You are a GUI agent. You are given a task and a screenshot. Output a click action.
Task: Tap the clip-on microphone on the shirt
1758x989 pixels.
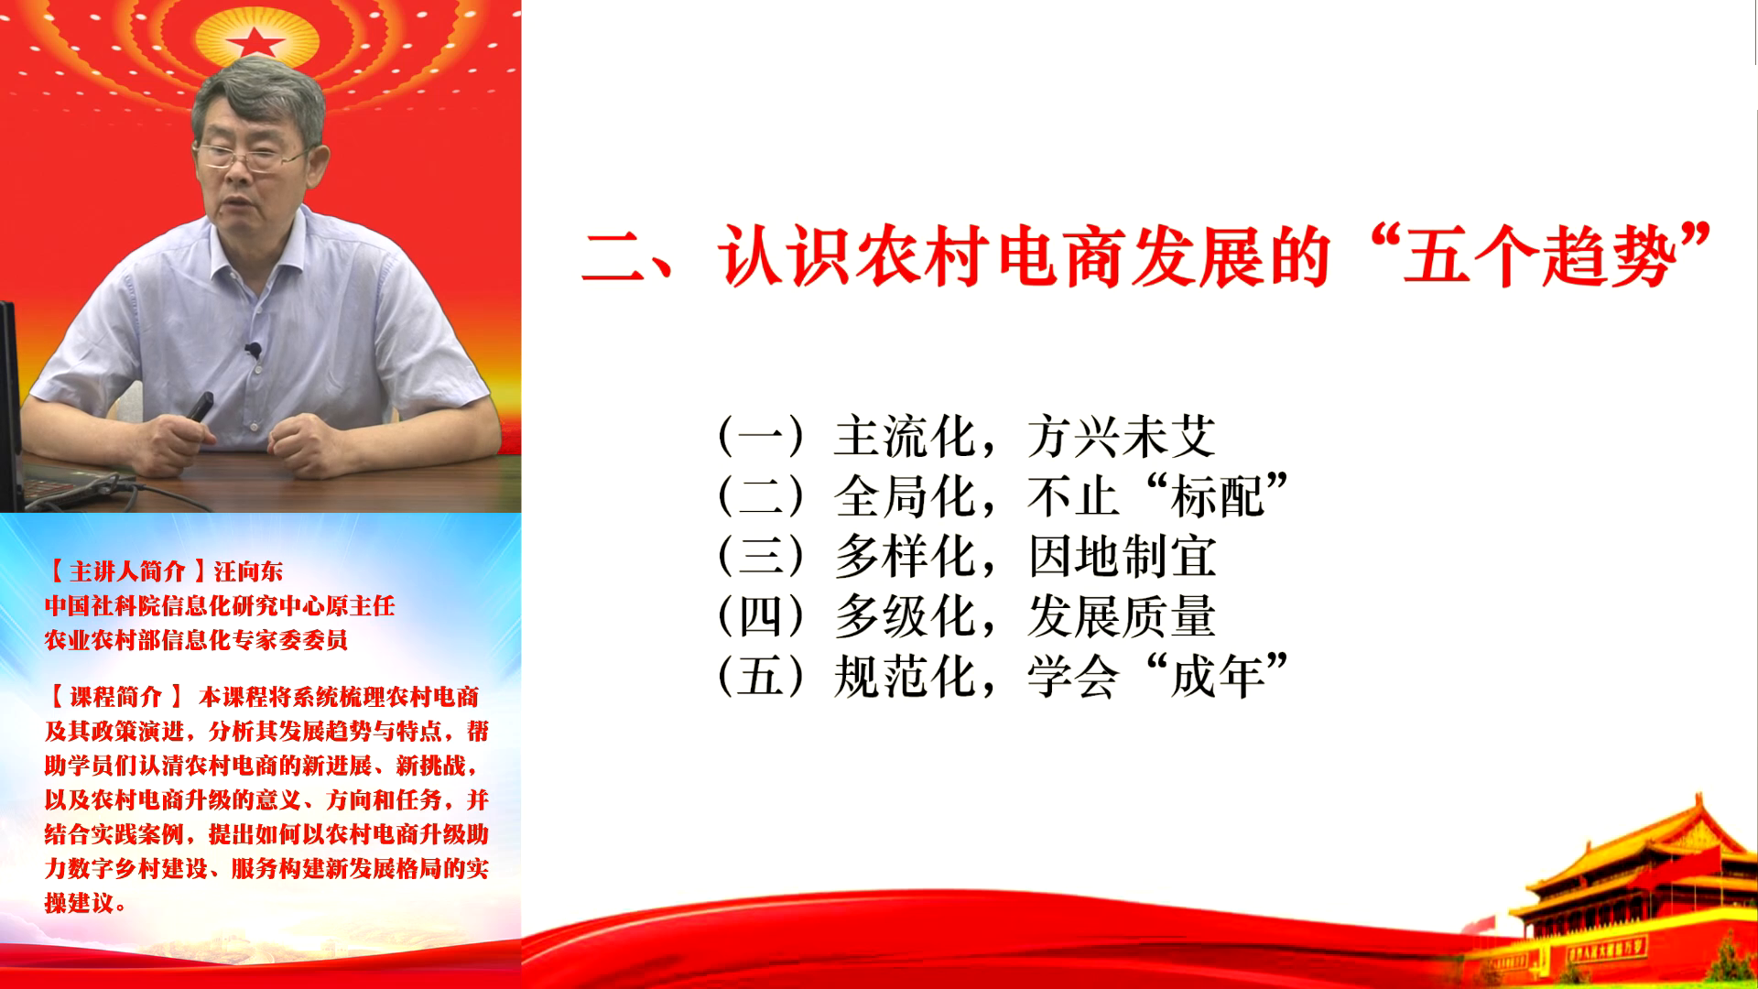click(x=253, y=350)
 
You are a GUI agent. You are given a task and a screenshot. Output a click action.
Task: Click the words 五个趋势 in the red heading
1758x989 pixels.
click(x=1538, y=257)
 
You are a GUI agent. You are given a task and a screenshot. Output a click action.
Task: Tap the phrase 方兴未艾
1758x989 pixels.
click(x=1122, y=436)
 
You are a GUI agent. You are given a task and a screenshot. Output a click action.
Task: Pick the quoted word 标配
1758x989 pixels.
click(x=1218, y=497)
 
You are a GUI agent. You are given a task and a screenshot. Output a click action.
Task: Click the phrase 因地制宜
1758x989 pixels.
click(x=1122, y=557)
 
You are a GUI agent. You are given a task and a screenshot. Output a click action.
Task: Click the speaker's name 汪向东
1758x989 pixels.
click(x=248, y=572)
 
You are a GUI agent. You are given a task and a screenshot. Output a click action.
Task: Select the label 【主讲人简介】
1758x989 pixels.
click(x=127, y=572)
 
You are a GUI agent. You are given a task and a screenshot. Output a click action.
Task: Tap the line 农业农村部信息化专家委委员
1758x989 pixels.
click(x=196, y=640)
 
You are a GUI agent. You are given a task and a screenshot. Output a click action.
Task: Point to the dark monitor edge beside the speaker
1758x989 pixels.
click(x=10, y=403)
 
